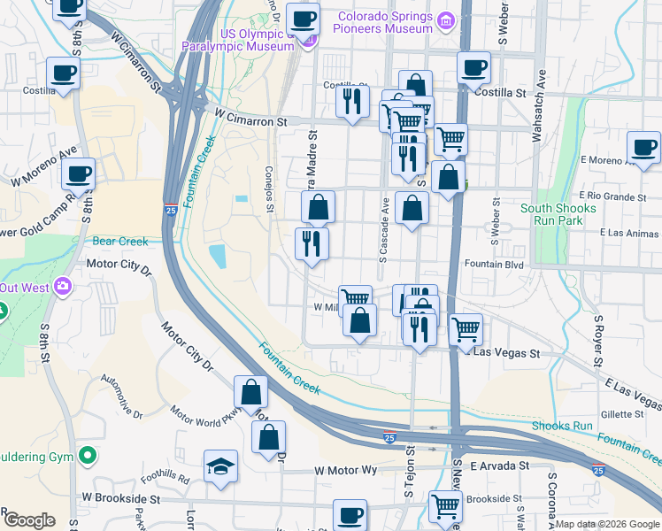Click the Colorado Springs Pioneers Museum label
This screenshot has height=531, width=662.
[x=382, y=22]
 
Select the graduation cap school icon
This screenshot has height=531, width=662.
[x=221, y=466]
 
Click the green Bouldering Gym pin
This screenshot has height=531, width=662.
[x=87, y=457]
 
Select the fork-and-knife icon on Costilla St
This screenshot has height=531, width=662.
[x=352, y=101]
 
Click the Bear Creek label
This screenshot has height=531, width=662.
[x=116, y=241]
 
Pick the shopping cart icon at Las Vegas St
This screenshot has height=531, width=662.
[x=466, y=329]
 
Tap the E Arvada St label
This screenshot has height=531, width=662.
[x=499, y=466]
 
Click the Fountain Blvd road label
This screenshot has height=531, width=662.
[x=495, y=264]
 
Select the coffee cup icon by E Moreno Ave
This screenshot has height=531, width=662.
[x=643, y=148]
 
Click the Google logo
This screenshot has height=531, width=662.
[x=29, y=520]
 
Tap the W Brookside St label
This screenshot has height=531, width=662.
[x=120, y=499]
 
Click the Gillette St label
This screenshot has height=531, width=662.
[x=622, y=413]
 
